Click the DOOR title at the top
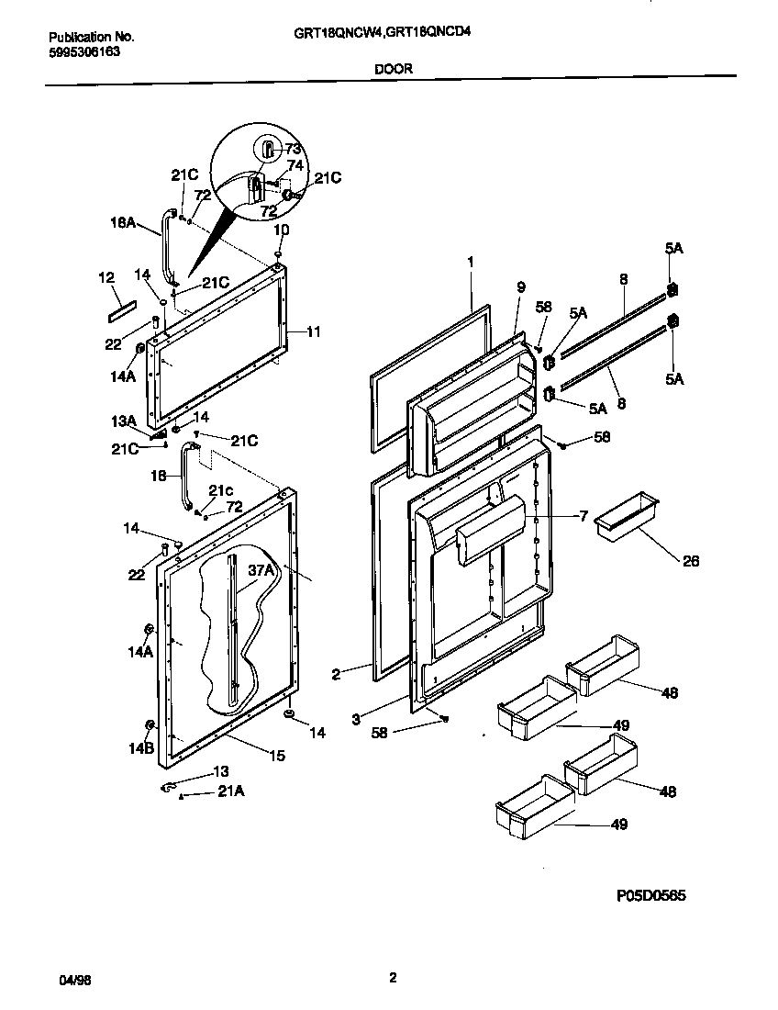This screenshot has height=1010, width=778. [392, 68]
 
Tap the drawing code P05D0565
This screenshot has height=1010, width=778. [645, 895]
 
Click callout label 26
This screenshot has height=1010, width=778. [690, 561]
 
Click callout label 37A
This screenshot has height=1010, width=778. [261, 570]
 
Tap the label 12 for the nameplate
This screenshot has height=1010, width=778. [106, 277]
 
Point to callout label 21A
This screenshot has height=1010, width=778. [230, 791]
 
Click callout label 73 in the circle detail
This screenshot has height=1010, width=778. [293, 149]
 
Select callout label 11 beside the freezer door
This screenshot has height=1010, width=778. [313, 331]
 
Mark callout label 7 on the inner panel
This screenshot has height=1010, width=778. [583, 517]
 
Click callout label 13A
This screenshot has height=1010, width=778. [125, 420]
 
